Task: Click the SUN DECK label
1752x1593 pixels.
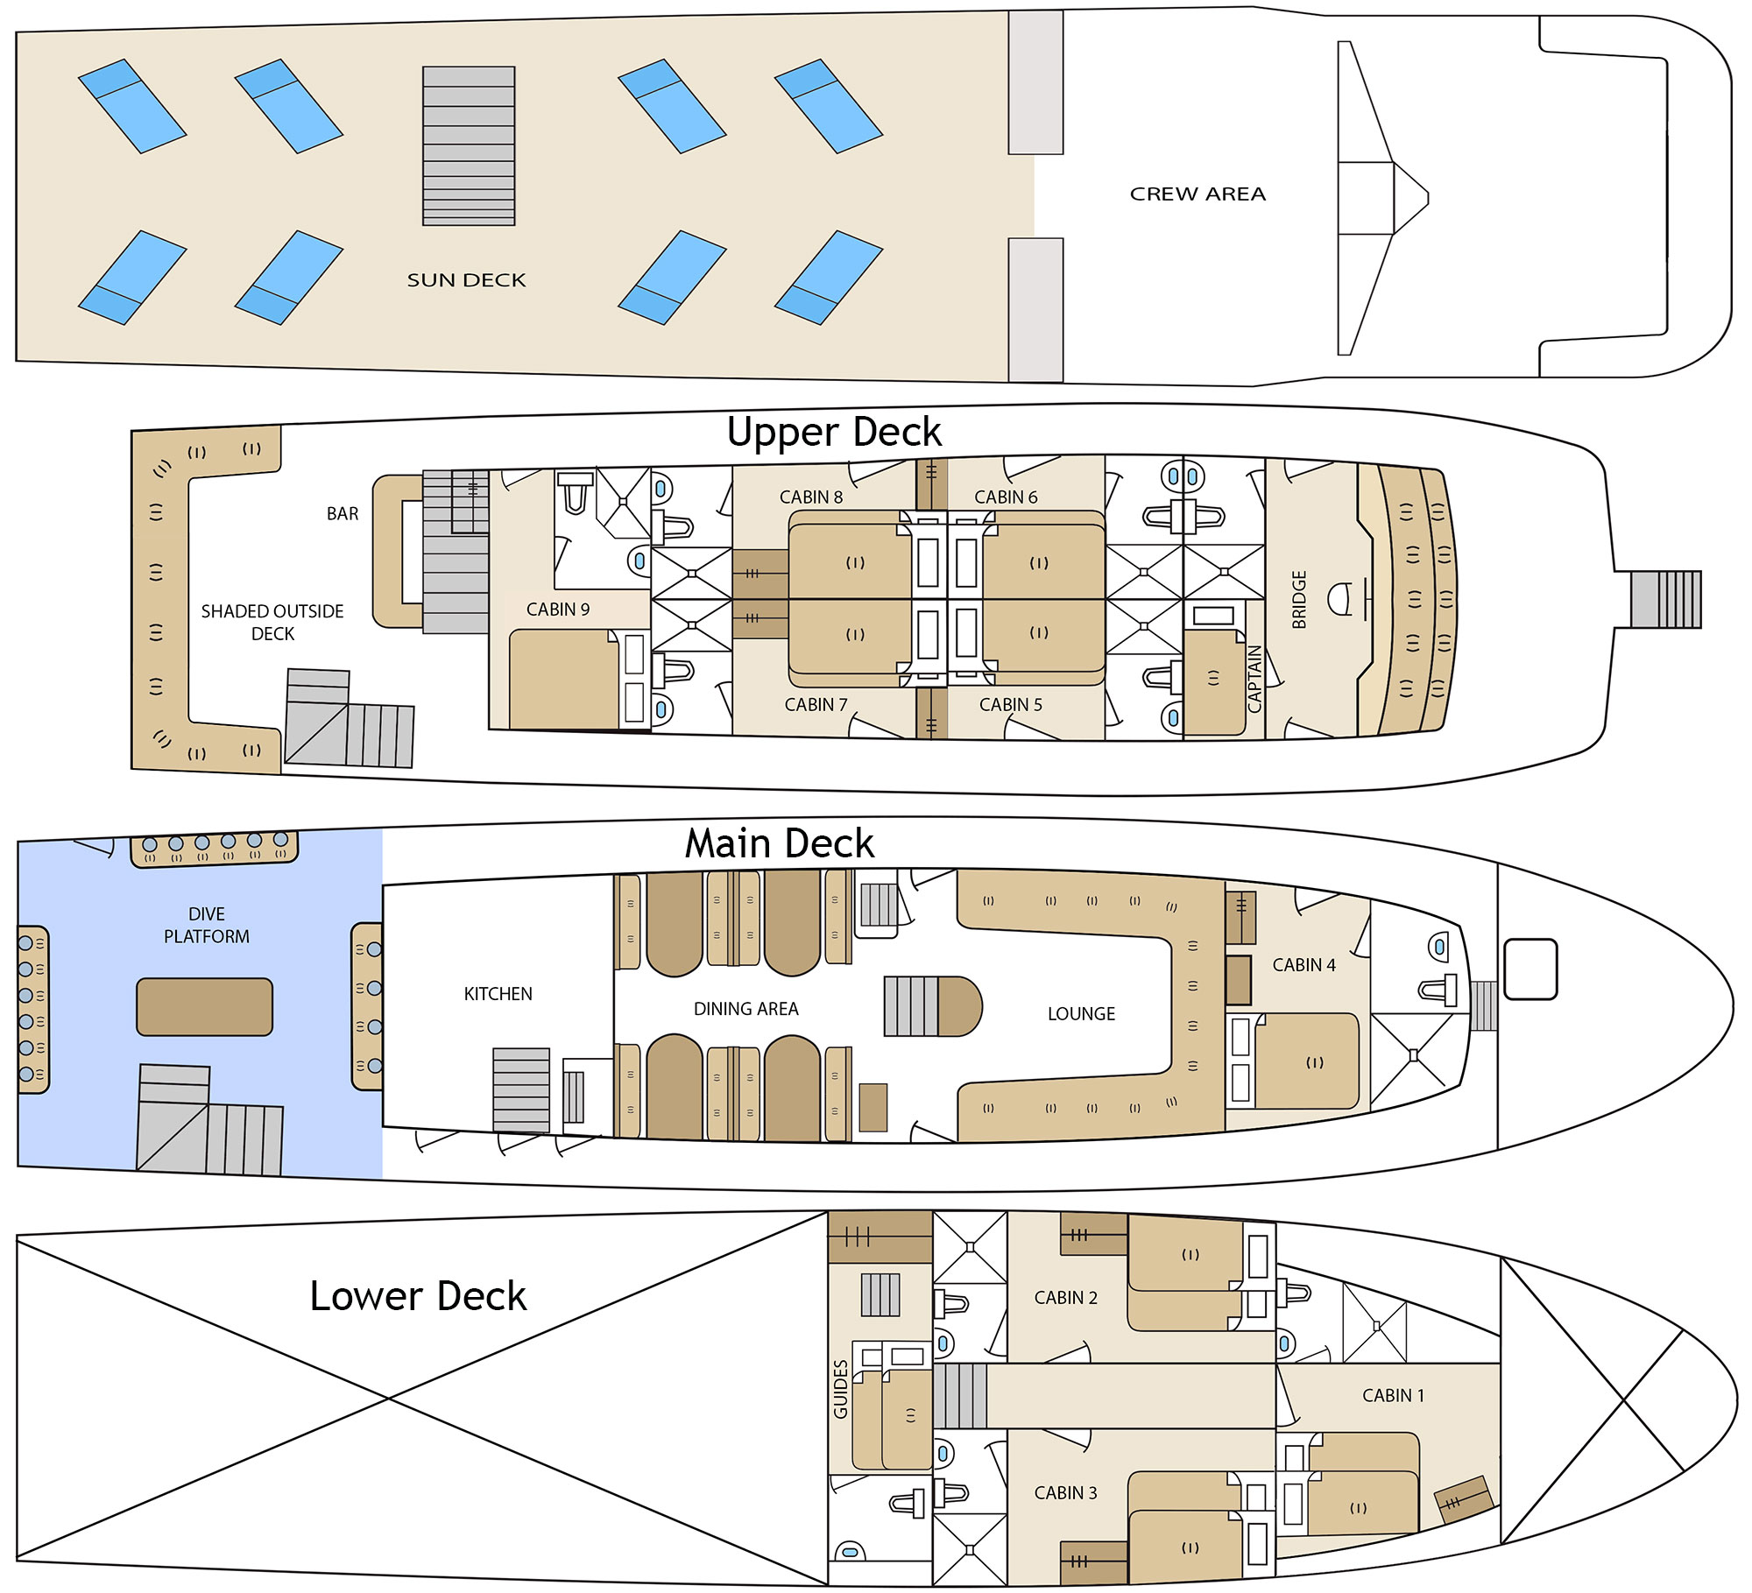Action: pyautogui.click(x=466, y=280)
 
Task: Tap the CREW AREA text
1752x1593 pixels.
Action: pyautogui.click(x=1197, y=194)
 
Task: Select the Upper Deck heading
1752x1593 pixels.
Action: pyautogui.click(x=834, y=432)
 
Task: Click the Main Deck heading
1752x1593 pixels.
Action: pyautogui.click(x=780, y=843)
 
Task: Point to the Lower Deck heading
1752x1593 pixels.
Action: pyautogui.click(x=418, y=1295)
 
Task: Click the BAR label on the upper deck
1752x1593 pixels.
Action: pyautogui.click(x=343, y=514)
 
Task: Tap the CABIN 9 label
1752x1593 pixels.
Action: pyautogui.click(x=558, y=610)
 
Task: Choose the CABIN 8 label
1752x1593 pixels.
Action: pyautogui.click(x=811, y=497)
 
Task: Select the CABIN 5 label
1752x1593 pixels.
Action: pyautogui.click(x=1011, y=705)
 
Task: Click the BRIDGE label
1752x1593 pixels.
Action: pyautogui.click(x=1299, y=600)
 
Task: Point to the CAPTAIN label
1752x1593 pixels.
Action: pyautogui.click(x=1254, y=679)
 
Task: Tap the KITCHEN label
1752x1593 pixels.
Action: pyautogui.click(x=498, y=994)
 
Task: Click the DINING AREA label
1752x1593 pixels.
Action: pyautogui.click(x=746, y=1009)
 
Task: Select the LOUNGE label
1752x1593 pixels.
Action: pyautogui.click(x=1082, y=1014)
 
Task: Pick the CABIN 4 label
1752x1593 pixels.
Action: pyautogui.click(x=1304, y=965)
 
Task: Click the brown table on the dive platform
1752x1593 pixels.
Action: pyautogui.click(x=205, y=1007)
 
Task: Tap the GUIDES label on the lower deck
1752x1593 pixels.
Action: pyautogui.click(x=841, y=1389)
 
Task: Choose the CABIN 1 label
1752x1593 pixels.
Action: pyautogui.click(x=1394, y=1396)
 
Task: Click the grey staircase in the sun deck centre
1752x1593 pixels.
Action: pyautogui.click(x=469, y=146)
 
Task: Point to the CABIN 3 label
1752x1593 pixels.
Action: pyautogui.click(x=1066, y=1493)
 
